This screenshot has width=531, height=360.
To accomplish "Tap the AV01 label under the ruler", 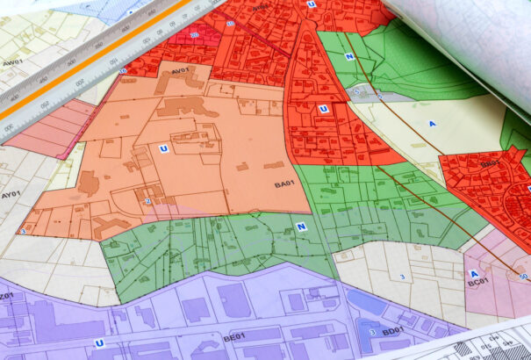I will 181,70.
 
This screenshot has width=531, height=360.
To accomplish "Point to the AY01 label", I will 11,194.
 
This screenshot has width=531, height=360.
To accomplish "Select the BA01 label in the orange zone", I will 283,184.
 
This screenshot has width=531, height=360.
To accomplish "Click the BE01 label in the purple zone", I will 233,336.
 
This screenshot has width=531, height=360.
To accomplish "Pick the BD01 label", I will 392,331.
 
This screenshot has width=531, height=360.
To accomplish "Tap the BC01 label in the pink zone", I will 477,283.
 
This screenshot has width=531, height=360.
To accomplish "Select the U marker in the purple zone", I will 99,342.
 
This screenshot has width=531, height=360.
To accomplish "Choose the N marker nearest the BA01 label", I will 301,227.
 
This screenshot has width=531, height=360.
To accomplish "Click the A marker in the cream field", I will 432,124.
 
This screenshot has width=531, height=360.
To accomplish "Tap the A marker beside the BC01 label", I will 474,273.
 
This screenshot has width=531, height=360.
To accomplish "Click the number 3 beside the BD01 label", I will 373,332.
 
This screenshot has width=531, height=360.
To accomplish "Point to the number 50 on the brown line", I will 523,277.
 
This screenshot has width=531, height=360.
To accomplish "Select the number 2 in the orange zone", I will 148,201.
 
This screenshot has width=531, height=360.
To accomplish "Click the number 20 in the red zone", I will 194,35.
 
